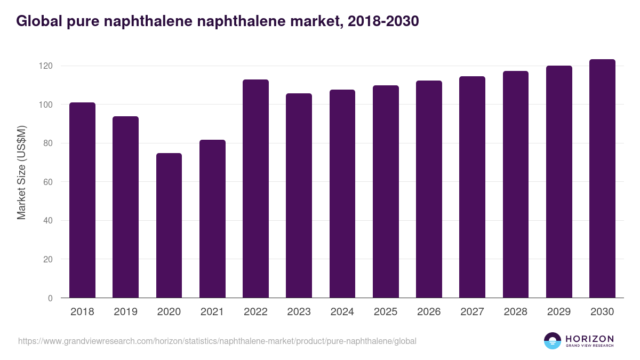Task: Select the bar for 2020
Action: [169, 226]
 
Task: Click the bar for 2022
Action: [255, 189]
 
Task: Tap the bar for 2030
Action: [602, 179]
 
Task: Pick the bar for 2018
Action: [82, 200]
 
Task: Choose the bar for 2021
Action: [212, 219]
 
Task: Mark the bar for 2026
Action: [429, 189]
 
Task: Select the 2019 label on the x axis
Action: [125, 312]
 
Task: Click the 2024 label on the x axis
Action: [342, 312]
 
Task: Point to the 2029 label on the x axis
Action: [559, 312]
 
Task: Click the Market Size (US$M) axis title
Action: [21, 172]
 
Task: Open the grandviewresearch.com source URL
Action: [217, 341]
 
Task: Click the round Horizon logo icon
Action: [553, 341]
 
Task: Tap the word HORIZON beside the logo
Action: [589, 338]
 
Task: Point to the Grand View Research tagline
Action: [589, 346]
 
